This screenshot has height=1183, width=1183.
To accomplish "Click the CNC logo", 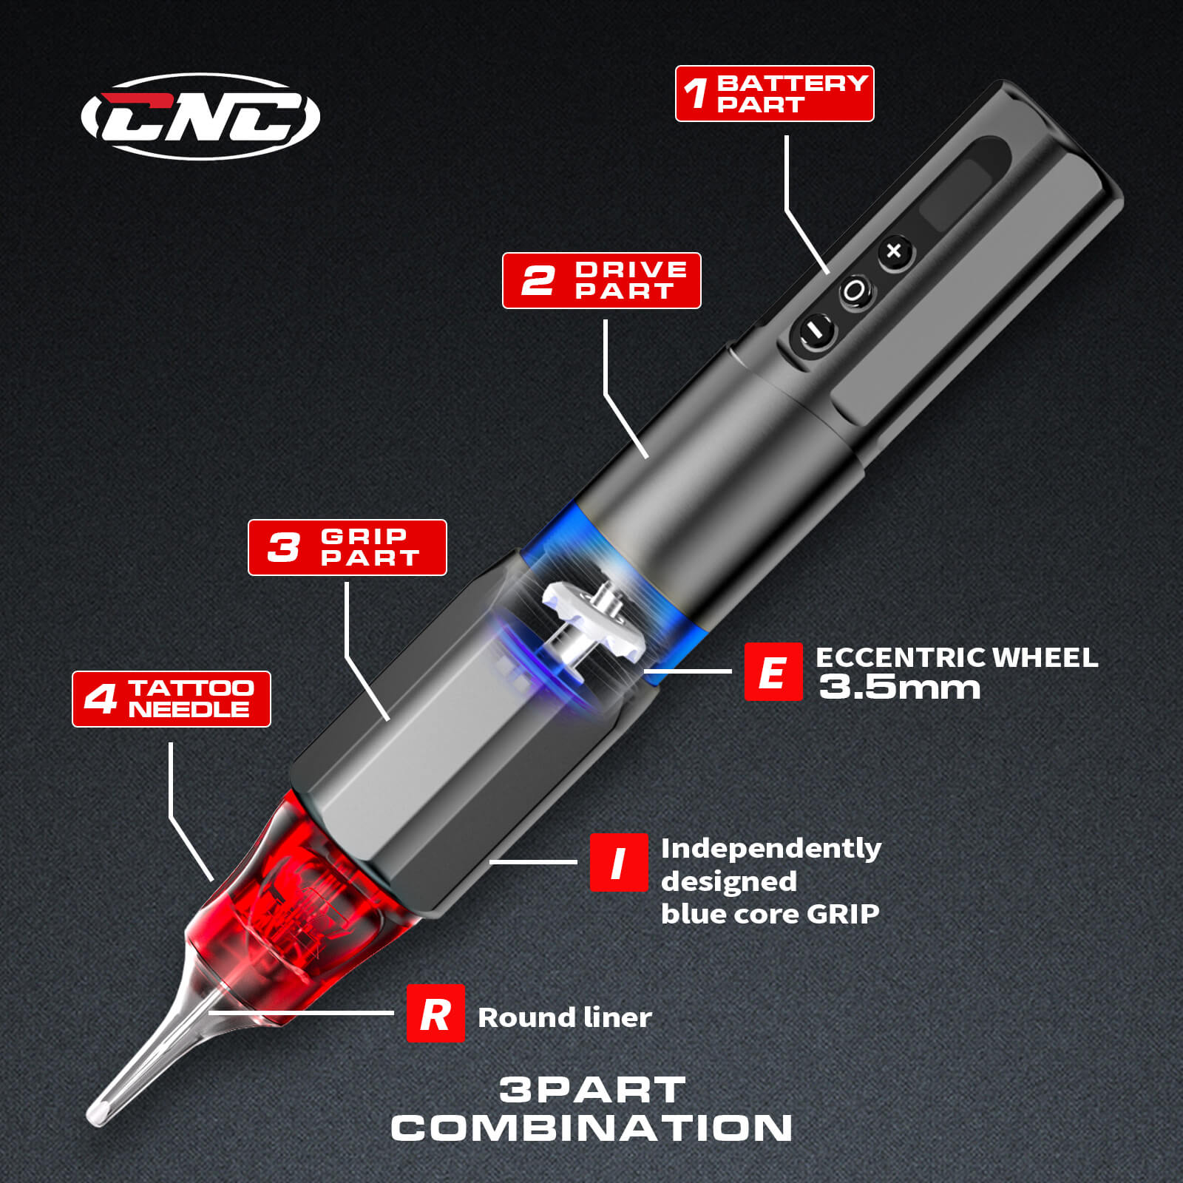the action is point(200,117).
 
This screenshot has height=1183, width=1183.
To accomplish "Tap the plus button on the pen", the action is point(895,251).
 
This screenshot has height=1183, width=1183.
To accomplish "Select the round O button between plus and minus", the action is point(854,291).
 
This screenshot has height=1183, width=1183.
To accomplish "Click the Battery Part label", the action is point(775,94).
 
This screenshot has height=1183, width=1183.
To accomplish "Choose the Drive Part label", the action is point(602,281).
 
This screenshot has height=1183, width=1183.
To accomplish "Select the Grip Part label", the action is point(348,548).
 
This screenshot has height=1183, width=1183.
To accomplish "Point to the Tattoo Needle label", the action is point(172,699).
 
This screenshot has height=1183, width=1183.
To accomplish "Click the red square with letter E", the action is point(773,671).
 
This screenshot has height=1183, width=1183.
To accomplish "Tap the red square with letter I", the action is point(619,862).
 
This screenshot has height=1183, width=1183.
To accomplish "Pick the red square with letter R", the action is point(435,1014).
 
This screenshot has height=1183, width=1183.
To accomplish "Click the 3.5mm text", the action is point(900,688).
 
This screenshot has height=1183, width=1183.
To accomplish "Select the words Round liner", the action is point(565,1017).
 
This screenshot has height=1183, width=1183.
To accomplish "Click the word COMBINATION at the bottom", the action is point(591,1128).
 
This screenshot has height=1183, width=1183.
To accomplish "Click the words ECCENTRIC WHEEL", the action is point(957,657).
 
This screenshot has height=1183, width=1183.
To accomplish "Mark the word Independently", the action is point(771,849).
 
